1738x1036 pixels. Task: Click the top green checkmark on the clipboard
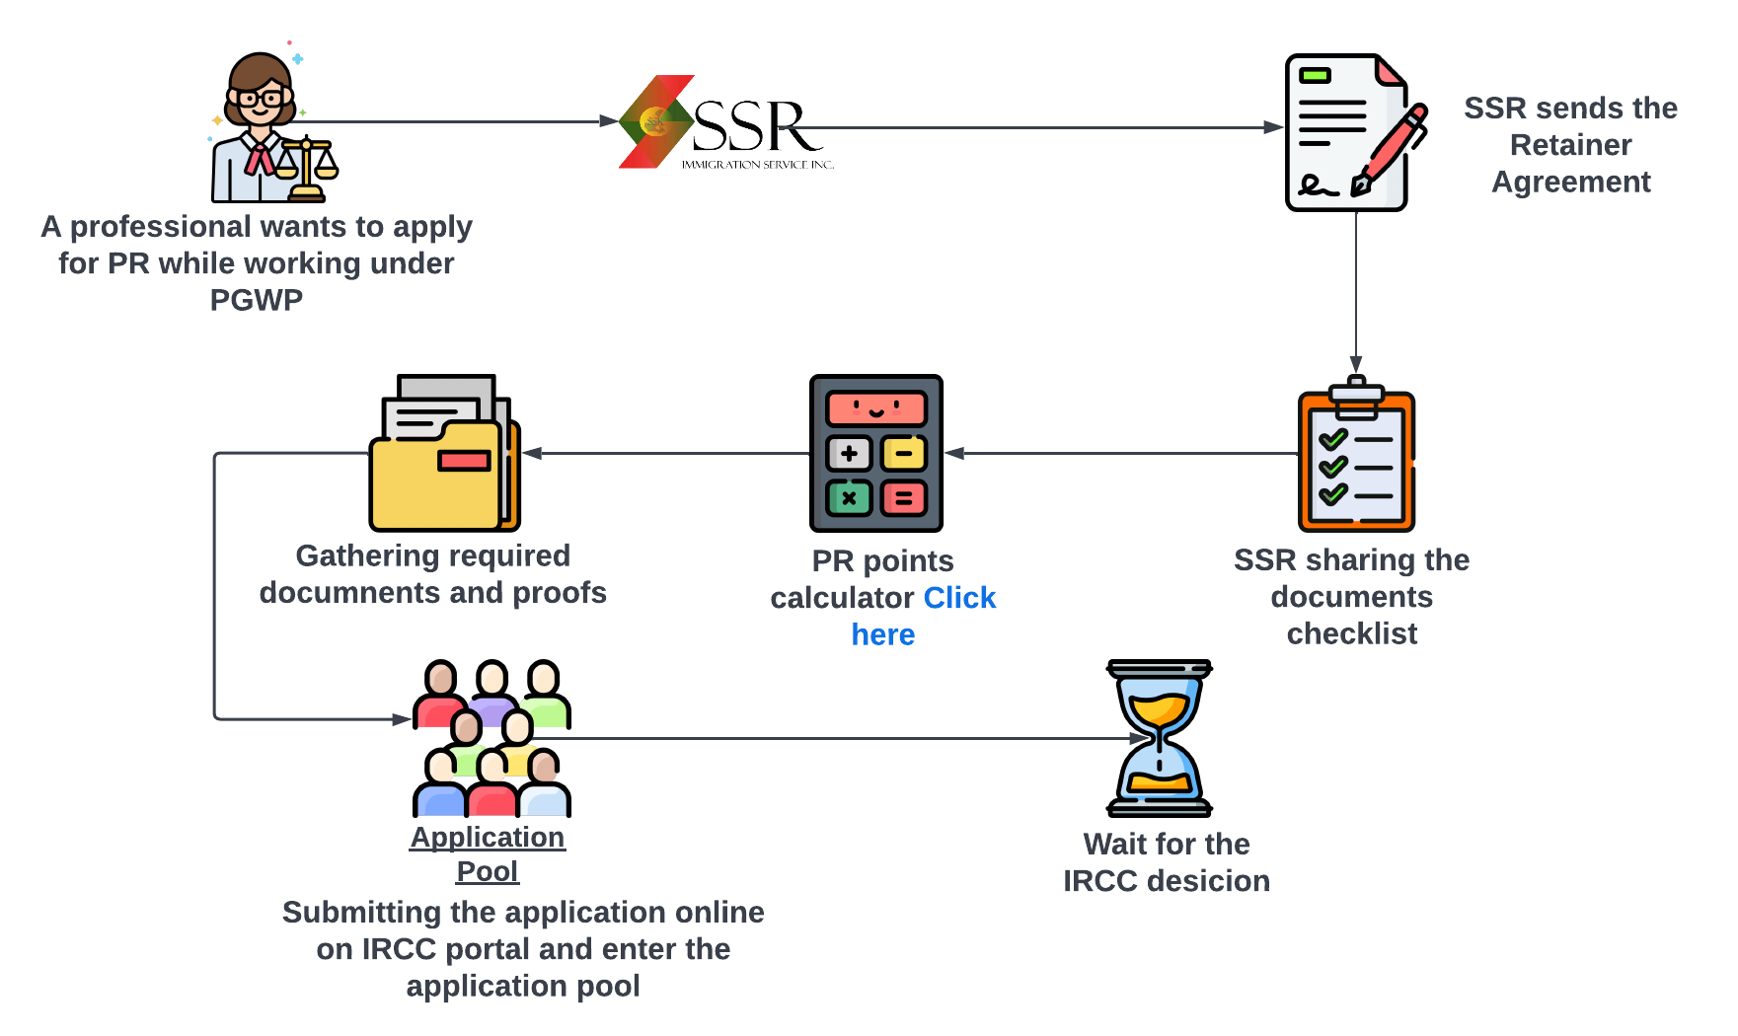click(x=1332, y=438)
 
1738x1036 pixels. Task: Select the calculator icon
click(x=876, y=454)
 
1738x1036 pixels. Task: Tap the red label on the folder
click(x=464, y=460)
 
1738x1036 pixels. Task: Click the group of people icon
click(x=491, y=740)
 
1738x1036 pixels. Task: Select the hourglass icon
click(x=1159, y=738)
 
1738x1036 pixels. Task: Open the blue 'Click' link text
click(x=959, y=598)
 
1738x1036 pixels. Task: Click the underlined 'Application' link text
click(x=488, y=837)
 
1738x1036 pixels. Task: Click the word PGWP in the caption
click(x=256, y=300)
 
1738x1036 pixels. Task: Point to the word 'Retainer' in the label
click(x=1570, y=145)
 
